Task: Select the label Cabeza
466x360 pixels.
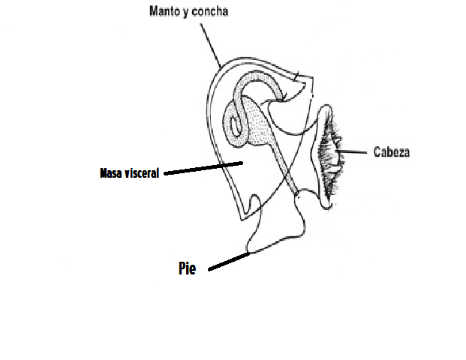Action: [392, 151]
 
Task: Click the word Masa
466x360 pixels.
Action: [112, 173]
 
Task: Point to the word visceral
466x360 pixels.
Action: [142, 173]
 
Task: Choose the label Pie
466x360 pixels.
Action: [187, 268]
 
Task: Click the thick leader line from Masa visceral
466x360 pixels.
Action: [203, 167]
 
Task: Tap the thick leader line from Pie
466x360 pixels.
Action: [229, 261]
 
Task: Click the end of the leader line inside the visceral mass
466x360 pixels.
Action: [242, 161]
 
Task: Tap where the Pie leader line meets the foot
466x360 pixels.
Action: [248, 253]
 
